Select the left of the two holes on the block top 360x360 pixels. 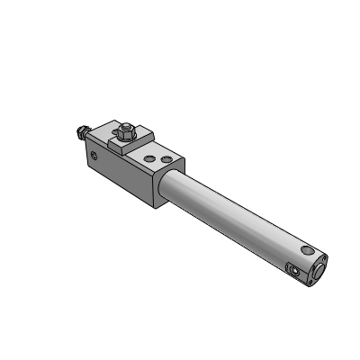[149, 158]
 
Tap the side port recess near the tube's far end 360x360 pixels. [292, 268]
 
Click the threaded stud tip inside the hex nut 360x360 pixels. [125, 126]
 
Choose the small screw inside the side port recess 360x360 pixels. [292, 269]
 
